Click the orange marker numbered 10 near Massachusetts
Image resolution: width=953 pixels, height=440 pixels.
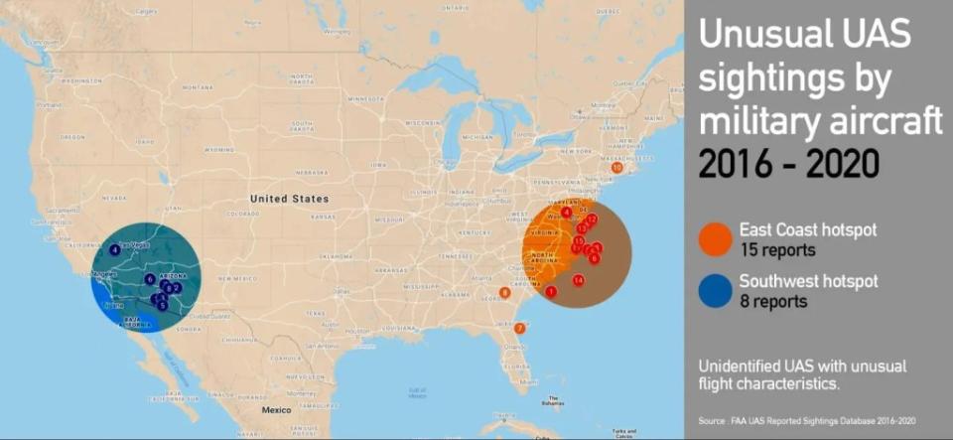pos(616,168)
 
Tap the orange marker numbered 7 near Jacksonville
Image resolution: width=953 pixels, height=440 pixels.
pos(519,328)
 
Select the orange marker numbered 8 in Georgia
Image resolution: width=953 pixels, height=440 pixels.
pos(504,293)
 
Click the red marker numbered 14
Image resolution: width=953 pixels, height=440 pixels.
pos(578,280)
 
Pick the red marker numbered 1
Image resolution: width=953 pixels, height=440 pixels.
pos(550,291)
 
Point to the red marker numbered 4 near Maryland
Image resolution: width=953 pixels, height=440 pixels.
pos(566,212)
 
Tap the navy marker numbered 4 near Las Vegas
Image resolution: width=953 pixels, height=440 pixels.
pos(115,250)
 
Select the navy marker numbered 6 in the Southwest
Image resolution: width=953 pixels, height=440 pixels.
pos(149,279)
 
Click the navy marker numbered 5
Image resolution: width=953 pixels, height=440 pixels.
pos(162,306)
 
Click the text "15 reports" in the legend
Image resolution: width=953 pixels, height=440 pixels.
pos(777,250)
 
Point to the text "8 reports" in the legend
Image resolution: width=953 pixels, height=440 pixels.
pos(773,302)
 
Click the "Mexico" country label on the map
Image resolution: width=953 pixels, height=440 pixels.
pos(277,409)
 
